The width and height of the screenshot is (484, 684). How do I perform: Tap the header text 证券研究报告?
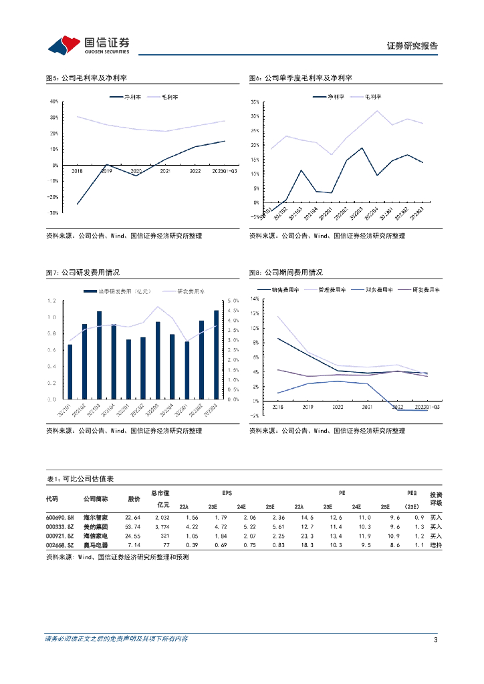click(x=412, y=46)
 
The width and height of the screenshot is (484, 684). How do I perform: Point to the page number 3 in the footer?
click(x=435, y=639)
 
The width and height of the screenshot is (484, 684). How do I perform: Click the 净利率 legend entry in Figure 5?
click(x=126, y=97)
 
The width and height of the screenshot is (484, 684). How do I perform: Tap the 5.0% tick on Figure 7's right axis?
click(x=233, y=301)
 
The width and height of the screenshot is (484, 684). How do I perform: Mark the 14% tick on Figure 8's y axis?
click(x=255, y=299)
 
